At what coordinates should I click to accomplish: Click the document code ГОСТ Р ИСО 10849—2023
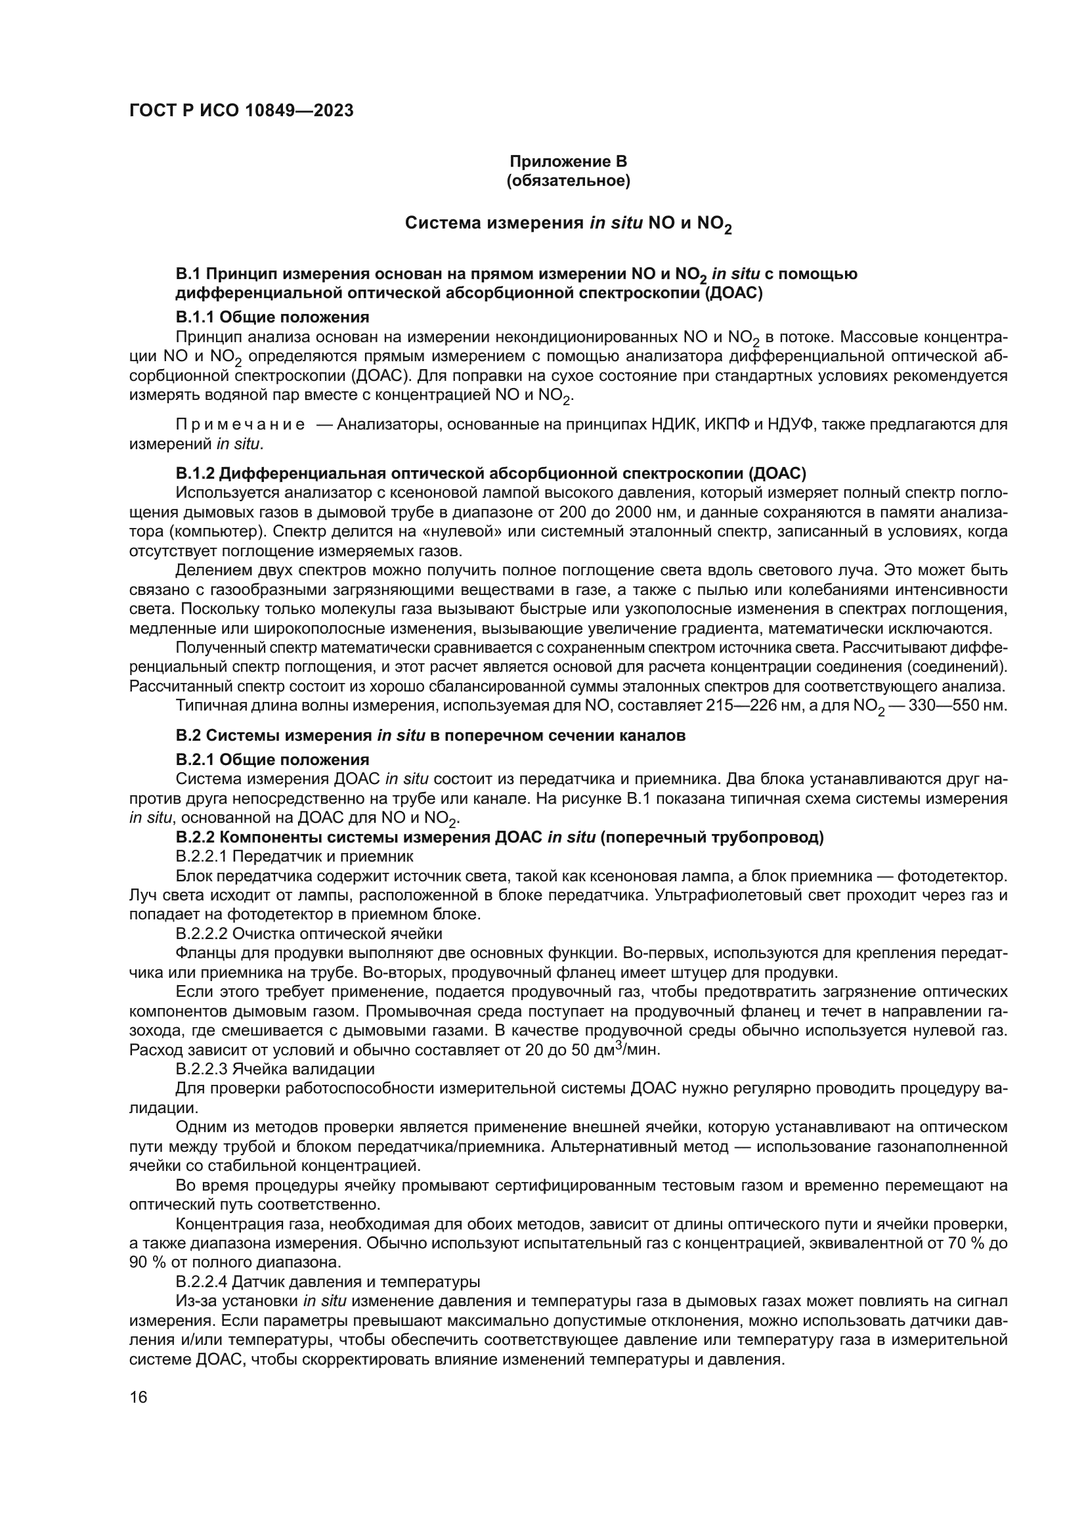[x=242, y=110]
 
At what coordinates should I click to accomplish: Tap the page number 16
[x=139, y=1397]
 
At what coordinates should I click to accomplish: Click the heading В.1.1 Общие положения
[x=272, y=317]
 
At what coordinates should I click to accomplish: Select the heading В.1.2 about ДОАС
[x=491, y=473]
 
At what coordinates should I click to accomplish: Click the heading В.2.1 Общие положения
[x=272, y=759]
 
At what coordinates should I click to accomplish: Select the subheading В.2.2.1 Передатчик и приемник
[x=294, y=856]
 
